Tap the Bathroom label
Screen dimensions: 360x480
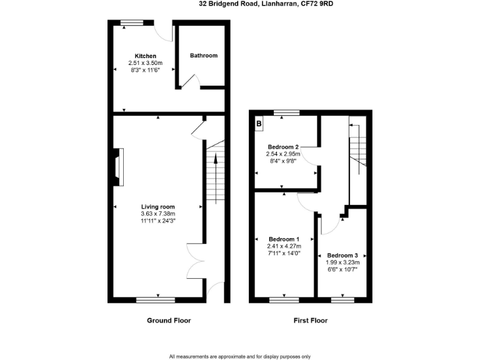pyautogui.click(x=204, y=56)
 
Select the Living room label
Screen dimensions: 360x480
pyautogui.click(x=158, y=207)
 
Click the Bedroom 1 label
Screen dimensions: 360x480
pyautogui.click(x=284, y=239)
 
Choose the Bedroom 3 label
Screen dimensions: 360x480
pyautogui.click(x=342, y=256)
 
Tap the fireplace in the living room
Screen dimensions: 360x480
pyautogui.click(x=117, y=167)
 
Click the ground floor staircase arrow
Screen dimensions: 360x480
pyautogui.click(x=216, y=169)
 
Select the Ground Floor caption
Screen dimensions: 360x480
pyautogui.click(x=169, y=321)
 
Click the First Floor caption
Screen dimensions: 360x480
pyautogui.click(x=311, y=321)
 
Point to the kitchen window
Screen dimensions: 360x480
pyautogui.click(x=132, y=23)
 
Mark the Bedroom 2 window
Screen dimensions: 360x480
pyautogui.click(x=286, y=113)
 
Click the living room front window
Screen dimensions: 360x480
pyautogui.click(x=156, y=300)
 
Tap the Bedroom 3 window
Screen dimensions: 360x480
pyautogui.click(x=342, y=300)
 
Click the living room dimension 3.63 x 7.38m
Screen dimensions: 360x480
pyautogui.click(x=158, y=214)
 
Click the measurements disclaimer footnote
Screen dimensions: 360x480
pyautogui.click(x=239, y=356)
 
